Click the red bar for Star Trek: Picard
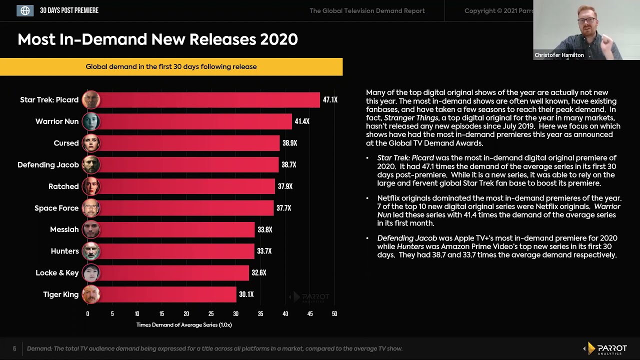pyautogui.click(x=210, y=100)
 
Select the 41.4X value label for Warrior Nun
pyautogui.click(x=302, y=121)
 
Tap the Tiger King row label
pyautogui.click(x=60, y=294)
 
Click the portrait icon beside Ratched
pyautogui.click(x=91, y=186)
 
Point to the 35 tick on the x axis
pyautogui.click(x=260, y=314)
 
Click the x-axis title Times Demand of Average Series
pyautogui.click(x=184, y=325)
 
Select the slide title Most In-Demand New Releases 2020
pyautogui.click(x=157, y=39)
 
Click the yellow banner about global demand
pyautogui.click(x=171, y=66)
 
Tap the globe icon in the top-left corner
pyautogui.click(x=25, y=10)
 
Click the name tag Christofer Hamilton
pyautogui.click(x=559, y=55)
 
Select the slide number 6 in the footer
pyautogui.click(x=14, y=348)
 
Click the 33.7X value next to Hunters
pyautogui.click(x=264, y=251)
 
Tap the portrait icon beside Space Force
pyautogui.click(x=91, y=208)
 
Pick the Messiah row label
pyautogui.click(x=64, y=229)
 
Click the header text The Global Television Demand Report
pyautogui.click(x=367, y=10)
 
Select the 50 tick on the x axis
pyautogui.click(x=334, y=314)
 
